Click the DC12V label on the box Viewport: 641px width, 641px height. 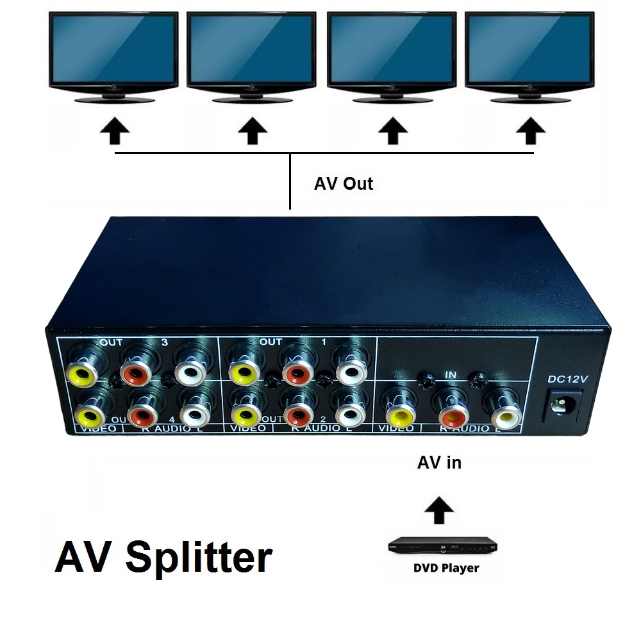point(567,379)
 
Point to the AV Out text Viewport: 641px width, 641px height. point(343,184)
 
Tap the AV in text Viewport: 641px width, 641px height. point(439,462)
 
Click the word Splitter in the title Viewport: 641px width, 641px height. point(198,556)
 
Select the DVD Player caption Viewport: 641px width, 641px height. point(445,568)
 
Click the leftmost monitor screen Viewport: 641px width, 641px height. point(114,48)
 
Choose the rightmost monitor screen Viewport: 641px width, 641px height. point(529,48)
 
